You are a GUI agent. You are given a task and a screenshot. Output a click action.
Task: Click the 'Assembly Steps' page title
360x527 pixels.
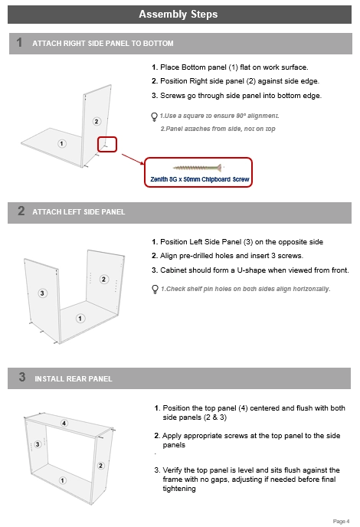click(178, 14)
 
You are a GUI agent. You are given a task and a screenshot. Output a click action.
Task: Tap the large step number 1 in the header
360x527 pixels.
click(19, 43)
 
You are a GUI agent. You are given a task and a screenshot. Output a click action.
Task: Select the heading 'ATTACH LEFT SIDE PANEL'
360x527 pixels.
click(79, 212)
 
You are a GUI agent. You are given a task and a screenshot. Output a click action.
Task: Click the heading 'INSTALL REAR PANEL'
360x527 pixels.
click(74, 378)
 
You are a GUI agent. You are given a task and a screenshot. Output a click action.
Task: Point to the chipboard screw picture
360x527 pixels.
click(198, 167)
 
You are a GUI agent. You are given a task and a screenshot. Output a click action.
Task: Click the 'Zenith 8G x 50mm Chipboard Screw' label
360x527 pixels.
click(200, 179)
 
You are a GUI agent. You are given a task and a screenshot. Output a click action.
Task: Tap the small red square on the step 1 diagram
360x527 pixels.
click(107, 144)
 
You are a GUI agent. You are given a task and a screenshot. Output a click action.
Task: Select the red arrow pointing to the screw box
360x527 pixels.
click(133, 159)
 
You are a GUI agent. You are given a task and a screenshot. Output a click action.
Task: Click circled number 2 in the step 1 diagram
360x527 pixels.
click(97, 121)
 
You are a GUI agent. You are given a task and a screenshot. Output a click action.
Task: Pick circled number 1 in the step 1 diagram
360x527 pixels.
click(61, 143)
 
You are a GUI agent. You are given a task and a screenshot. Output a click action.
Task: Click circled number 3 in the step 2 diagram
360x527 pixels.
click(42, 293)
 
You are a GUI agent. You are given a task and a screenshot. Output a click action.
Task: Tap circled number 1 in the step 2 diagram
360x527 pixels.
click(80, 319)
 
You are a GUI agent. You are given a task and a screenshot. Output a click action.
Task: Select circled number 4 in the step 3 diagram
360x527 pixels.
click(64, 423)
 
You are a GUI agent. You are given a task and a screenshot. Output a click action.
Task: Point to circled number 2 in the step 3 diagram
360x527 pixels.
click(100, 466)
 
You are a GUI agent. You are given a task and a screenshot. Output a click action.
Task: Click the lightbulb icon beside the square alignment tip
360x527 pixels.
click(154, 116)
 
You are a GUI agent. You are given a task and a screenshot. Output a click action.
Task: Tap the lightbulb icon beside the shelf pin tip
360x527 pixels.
click(155, 290)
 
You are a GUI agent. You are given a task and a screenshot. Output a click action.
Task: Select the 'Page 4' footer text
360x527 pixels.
click(341, 522)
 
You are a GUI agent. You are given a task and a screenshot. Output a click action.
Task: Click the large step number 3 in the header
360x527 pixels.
click(22, 377)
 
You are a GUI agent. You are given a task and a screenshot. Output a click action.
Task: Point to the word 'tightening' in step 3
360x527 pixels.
click(179, 489)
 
